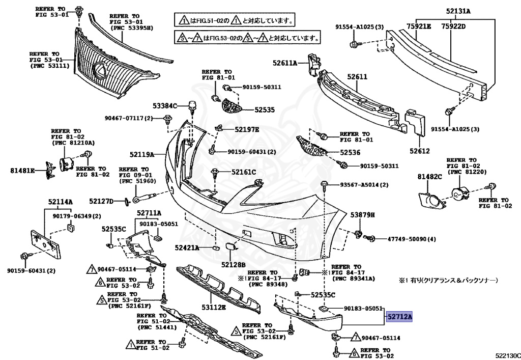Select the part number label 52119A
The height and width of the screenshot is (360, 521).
tap(142, 155)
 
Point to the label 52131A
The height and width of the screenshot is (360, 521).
tap(458, 11)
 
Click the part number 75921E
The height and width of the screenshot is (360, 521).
tap(419, 26)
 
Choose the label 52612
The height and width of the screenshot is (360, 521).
tap(419, 151)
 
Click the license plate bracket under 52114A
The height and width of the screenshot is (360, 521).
tap(46, 243)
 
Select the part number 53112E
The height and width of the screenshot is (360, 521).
tap(214, 308)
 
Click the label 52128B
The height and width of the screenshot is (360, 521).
tap(233, 265)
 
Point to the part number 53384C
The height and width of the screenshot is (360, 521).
tap(165, 106)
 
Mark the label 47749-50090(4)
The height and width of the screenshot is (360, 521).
tap(411, 239)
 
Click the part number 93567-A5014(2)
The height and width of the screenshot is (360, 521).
tap(364, 184)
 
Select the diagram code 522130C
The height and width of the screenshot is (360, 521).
tap(508, 356)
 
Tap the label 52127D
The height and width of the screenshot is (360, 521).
tap(101, 201)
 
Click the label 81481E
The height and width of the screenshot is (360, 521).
tap(22, 171)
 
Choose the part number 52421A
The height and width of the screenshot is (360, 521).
tap(187, 247)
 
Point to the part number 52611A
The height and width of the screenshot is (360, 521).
tap(285, 63)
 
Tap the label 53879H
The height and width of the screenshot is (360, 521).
tap(362, 215)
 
